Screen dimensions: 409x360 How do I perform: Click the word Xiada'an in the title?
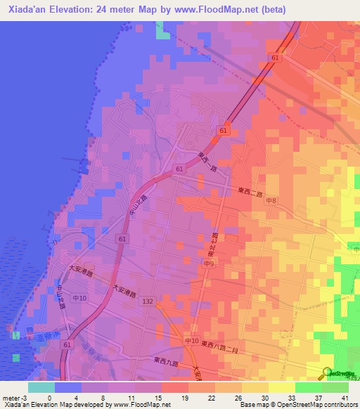(x=29, y=9)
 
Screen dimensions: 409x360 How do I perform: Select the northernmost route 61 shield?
(x=275, y=58)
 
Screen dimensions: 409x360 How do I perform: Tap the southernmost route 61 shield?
(x=66, y=345)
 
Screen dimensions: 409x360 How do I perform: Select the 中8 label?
(x=271, y=201)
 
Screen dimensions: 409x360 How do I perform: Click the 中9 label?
(x=210, y=264)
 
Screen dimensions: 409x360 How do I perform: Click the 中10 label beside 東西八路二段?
(x=191, y=341)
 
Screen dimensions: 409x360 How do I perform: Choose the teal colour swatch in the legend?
(x=41, y=387)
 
